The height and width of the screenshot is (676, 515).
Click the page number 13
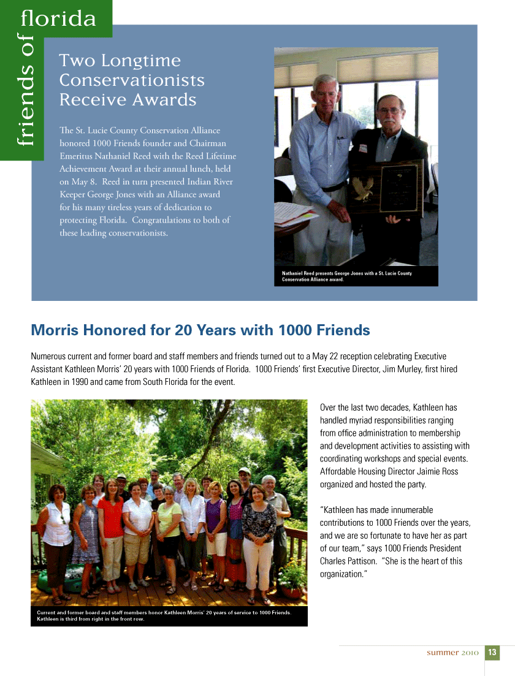[x=492, y=653]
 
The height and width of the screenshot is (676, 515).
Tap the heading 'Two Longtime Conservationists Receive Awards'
[x=132, y=80]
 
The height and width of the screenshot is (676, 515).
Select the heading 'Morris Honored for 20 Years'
[x=200, y=331]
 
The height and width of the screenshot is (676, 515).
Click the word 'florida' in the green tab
[x=58, y=19]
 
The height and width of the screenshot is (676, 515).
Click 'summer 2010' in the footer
[x=452, y=653]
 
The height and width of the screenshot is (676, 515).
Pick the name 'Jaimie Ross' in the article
[x=439, y=472]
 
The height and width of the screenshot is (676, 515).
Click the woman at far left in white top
[x=57, y=533]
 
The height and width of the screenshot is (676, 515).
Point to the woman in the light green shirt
[x=169, y=527]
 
